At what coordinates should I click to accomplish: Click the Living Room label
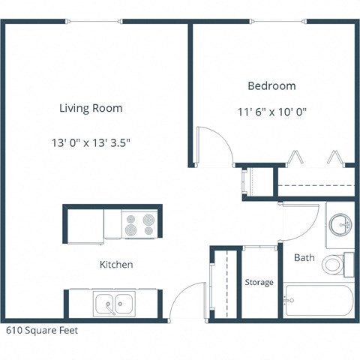tap(91, 108)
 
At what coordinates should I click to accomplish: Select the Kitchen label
tap(116, 265)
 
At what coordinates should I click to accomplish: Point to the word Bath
tap(304, 257)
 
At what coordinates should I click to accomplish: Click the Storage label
tap(259, 282)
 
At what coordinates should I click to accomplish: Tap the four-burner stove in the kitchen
tap(139, 224)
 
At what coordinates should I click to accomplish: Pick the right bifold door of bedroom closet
tap(336, 158)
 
